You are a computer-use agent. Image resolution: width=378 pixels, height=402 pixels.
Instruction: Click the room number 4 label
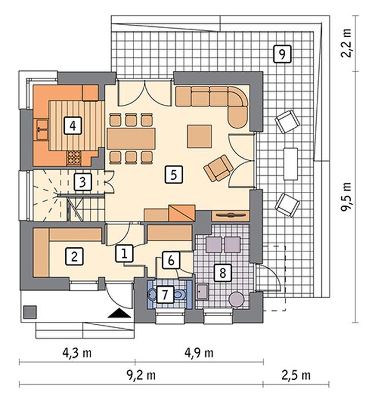pos(73,125)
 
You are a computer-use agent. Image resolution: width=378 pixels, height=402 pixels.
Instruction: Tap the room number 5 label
pos(174,174)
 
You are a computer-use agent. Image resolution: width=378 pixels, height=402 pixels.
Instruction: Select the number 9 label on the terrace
pos(282,54)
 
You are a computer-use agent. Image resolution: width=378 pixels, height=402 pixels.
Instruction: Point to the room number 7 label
pos(164,294)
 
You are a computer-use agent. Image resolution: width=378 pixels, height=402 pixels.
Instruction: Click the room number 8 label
pos(223,272)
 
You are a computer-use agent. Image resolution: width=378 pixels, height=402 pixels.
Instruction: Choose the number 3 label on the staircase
pos(82,182)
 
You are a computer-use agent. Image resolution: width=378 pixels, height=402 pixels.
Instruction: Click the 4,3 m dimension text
pos(77,353)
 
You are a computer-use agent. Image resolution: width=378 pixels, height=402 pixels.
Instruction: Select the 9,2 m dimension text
pos(141,376)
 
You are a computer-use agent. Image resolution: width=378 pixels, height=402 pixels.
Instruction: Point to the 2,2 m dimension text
pos(346,43)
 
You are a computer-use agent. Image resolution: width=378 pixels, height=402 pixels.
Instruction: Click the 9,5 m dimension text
pos(346,197)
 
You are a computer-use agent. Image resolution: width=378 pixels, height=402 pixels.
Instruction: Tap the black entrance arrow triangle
pos(120,313)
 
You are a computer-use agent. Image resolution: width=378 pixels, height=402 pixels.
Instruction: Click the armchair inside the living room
pos(218,168)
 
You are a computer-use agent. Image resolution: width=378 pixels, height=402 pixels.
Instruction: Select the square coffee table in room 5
pos(199,136)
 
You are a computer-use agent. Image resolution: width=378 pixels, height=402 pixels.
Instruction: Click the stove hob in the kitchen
pos(73,158)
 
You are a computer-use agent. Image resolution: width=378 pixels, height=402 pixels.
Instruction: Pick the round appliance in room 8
pos(236,299)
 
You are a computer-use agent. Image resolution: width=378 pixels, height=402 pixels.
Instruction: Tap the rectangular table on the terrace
pos(290,164)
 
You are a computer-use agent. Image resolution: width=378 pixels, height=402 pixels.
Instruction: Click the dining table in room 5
pos(131,139)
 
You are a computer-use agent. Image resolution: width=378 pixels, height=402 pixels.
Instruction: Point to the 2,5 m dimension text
pos(296,376)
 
